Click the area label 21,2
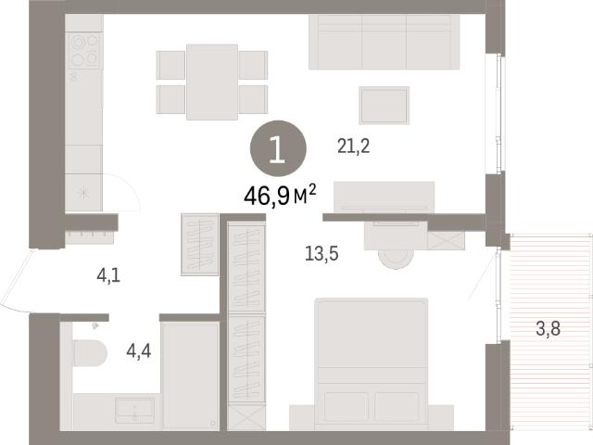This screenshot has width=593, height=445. (353, 146)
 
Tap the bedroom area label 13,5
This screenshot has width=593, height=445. (322, 253)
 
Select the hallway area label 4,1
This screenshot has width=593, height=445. (108, 275)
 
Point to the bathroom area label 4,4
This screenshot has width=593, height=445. (139, 351)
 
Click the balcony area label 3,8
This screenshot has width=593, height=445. (548, 328)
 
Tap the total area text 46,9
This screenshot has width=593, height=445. (267, 196)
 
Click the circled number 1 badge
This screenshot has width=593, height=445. (278, 148)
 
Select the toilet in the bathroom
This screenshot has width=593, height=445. (89, 352)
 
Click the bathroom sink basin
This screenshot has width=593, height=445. (134, 410)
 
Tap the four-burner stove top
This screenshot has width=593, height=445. (84, 51)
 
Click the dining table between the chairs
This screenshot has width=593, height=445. (212, 83)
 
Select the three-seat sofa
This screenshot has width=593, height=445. (384, 42)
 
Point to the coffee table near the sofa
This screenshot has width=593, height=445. (385, 105)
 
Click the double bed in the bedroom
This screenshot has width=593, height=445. (372, 364)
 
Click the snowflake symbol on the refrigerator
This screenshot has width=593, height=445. (83, 193)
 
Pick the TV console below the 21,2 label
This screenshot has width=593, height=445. (384, 197)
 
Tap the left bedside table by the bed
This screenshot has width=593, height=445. (302, 417)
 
